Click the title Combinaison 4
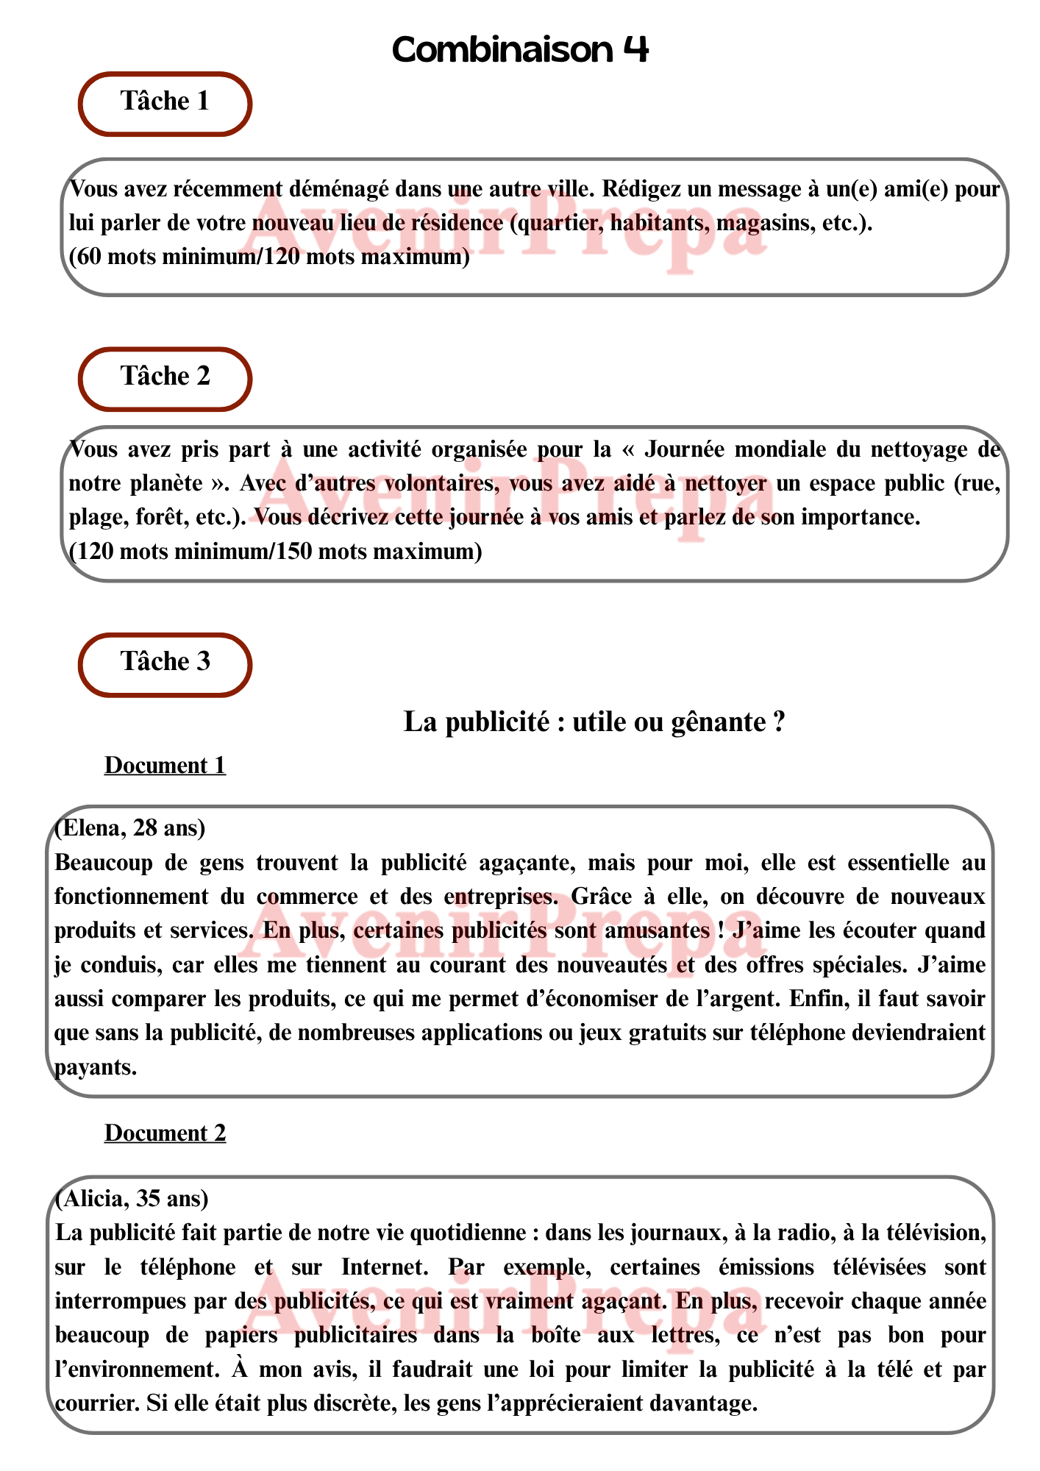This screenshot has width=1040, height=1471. click(x=520, y=50)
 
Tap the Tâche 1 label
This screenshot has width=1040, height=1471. click(x=165, y=101)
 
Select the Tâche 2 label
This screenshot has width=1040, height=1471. click(x=165, y=377)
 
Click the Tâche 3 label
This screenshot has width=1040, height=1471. click(x=165, y=662)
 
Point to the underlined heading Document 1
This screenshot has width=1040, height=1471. click(x=165, y=766)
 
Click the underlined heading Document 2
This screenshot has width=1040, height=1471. click(x=165, y=1133)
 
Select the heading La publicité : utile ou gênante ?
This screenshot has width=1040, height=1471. click(x=594, y=722)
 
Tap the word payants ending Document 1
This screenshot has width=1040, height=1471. click(x=95, y=1067)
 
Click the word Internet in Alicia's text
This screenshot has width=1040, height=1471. click(x=385, y=1267)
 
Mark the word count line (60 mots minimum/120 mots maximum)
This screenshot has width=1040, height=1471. click(x=269, y=257)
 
